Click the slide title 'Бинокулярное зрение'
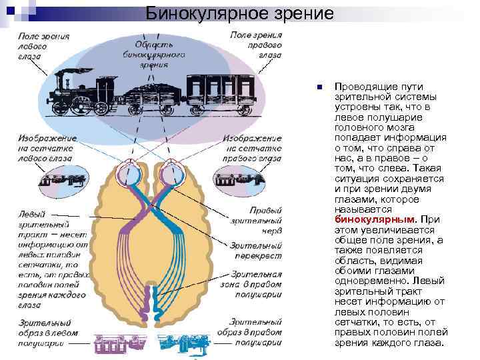(x=239, y=13)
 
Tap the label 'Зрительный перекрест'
(x=256, y=250)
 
